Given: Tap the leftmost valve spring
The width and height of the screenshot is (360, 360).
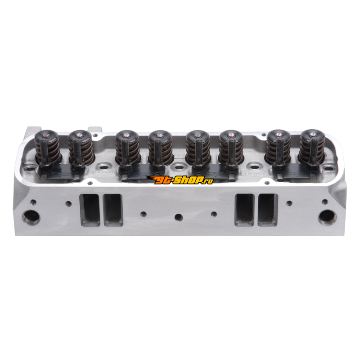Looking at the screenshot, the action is pos(46,147).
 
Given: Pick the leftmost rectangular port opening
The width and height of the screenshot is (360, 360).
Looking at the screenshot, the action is pos(90,210).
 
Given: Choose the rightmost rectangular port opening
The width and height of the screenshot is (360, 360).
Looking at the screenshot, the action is pos(268,210).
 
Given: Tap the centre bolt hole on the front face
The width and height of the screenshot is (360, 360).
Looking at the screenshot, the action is pos(179,217).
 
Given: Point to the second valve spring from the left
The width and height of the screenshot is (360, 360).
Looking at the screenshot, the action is pos(81,147).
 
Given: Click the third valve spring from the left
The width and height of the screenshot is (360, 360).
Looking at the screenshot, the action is pos(127,147).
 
